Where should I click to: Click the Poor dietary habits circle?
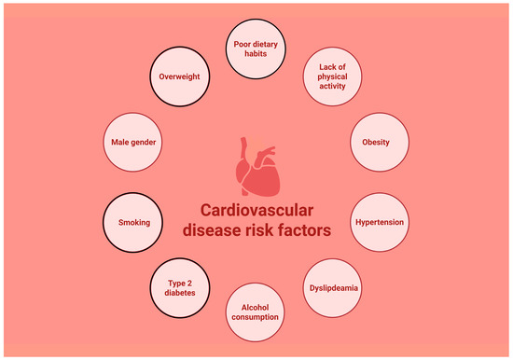tap(256, 49)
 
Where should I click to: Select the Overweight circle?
tap(180, 76)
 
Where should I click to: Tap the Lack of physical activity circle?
tap(332, 76)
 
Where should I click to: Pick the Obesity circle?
tap(380, 142)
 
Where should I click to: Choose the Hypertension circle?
tap(380, 222)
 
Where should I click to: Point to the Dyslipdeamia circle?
tap(332, 288)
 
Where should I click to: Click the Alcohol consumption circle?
tap(255, 312)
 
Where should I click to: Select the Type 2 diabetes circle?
tap(180, 288)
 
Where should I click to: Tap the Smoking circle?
tap(132, 223)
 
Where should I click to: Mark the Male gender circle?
tap(132, 142)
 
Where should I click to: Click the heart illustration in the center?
tap(258, 166)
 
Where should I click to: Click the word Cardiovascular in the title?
tap(256, 210)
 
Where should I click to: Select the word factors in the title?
tap(304, 229)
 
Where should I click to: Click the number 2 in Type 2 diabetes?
tap(188, 284)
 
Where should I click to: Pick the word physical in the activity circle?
tap(332, 76)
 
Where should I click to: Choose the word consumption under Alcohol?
tap(256, 317)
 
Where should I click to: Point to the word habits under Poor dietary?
tap(256, 54)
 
